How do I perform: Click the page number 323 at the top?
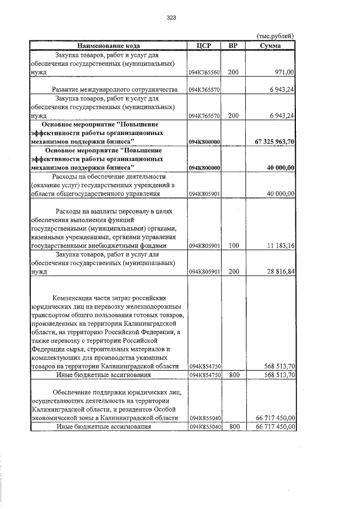point(172,18)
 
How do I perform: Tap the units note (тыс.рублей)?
point(275,37)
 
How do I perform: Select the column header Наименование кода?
point(108,46)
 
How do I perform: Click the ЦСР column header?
point(204,46)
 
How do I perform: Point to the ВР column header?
point(233,46)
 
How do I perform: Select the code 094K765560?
point(204,73)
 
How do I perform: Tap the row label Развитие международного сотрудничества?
point(115,89)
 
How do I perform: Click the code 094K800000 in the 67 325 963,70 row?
point(204,142)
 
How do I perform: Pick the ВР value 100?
point(233,245)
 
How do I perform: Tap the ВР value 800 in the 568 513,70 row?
point(233,375)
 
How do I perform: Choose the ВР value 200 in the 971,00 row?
point(233,73)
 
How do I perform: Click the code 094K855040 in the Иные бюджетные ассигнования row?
point(204,427)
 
